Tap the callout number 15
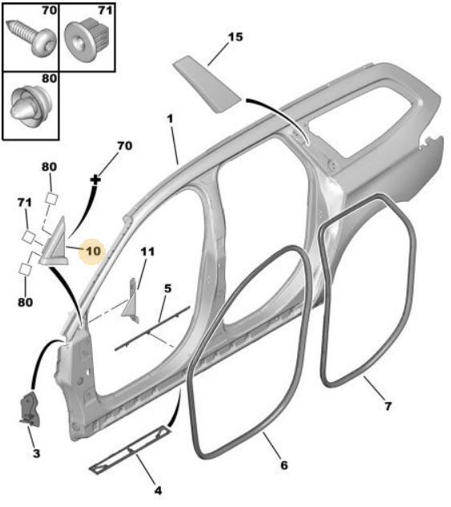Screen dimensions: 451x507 [x=235, y=37]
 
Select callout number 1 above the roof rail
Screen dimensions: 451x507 [x=170, y=119]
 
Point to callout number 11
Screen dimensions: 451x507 [x=147, y=251]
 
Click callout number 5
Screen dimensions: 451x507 [x=167, y=288]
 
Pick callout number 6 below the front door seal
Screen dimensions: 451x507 [x=284, y=465]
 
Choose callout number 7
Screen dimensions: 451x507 [x=388, y=406]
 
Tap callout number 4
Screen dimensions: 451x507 [x=158, y=491]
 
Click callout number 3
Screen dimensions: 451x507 [x=36, y=453]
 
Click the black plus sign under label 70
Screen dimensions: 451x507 [x=95, y=179]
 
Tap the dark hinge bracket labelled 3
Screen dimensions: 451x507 [x=29, y=408]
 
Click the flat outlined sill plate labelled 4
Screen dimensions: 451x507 [x=130, y=450]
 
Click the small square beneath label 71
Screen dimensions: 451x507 [x=29, y=237]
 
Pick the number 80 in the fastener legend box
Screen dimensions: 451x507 [x=50, y=78]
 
